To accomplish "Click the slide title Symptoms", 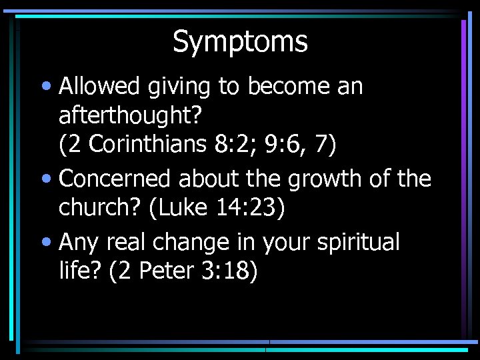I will tap(240, 41).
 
